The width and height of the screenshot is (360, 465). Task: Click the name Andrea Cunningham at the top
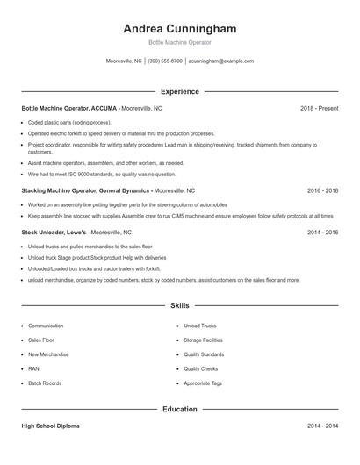click(x=179, y=29)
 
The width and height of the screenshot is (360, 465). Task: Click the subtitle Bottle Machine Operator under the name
click(x=179, y=42)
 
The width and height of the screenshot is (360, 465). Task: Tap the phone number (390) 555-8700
click(x=165, y=61)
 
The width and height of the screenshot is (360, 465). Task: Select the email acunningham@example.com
click(x=220, y=61)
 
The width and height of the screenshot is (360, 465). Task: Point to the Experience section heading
click(x=179, y=91)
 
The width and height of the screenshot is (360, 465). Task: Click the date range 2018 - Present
click(x=319, y=108)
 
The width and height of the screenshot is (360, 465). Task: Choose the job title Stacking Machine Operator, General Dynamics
click(x=86, y=190)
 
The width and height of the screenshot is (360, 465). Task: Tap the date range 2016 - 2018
click(x=322, y=190)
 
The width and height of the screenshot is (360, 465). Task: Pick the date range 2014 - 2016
click(x=322, y=232)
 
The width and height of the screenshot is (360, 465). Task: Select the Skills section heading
click(x=179, y=305)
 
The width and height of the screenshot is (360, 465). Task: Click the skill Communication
click(x=46, y=325)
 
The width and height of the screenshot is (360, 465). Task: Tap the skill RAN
click(x=33, y=369)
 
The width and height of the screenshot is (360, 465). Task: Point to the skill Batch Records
click(x=45, y=383)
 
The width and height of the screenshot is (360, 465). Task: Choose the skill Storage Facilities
click(x=204, y=340)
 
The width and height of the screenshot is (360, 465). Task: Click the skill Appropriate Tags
click(x=203, y=383)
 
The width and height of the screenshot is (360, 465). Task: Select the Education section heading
click(x=179, y=409)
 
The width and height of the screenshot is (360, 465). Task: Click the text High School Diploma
click(x=50, y=426)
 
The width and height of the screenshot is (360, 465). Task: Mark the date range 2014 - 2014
click(x=322, y=426)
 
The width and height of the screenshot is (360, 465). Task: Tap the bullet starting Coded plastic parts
click(x=69, y=123)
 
